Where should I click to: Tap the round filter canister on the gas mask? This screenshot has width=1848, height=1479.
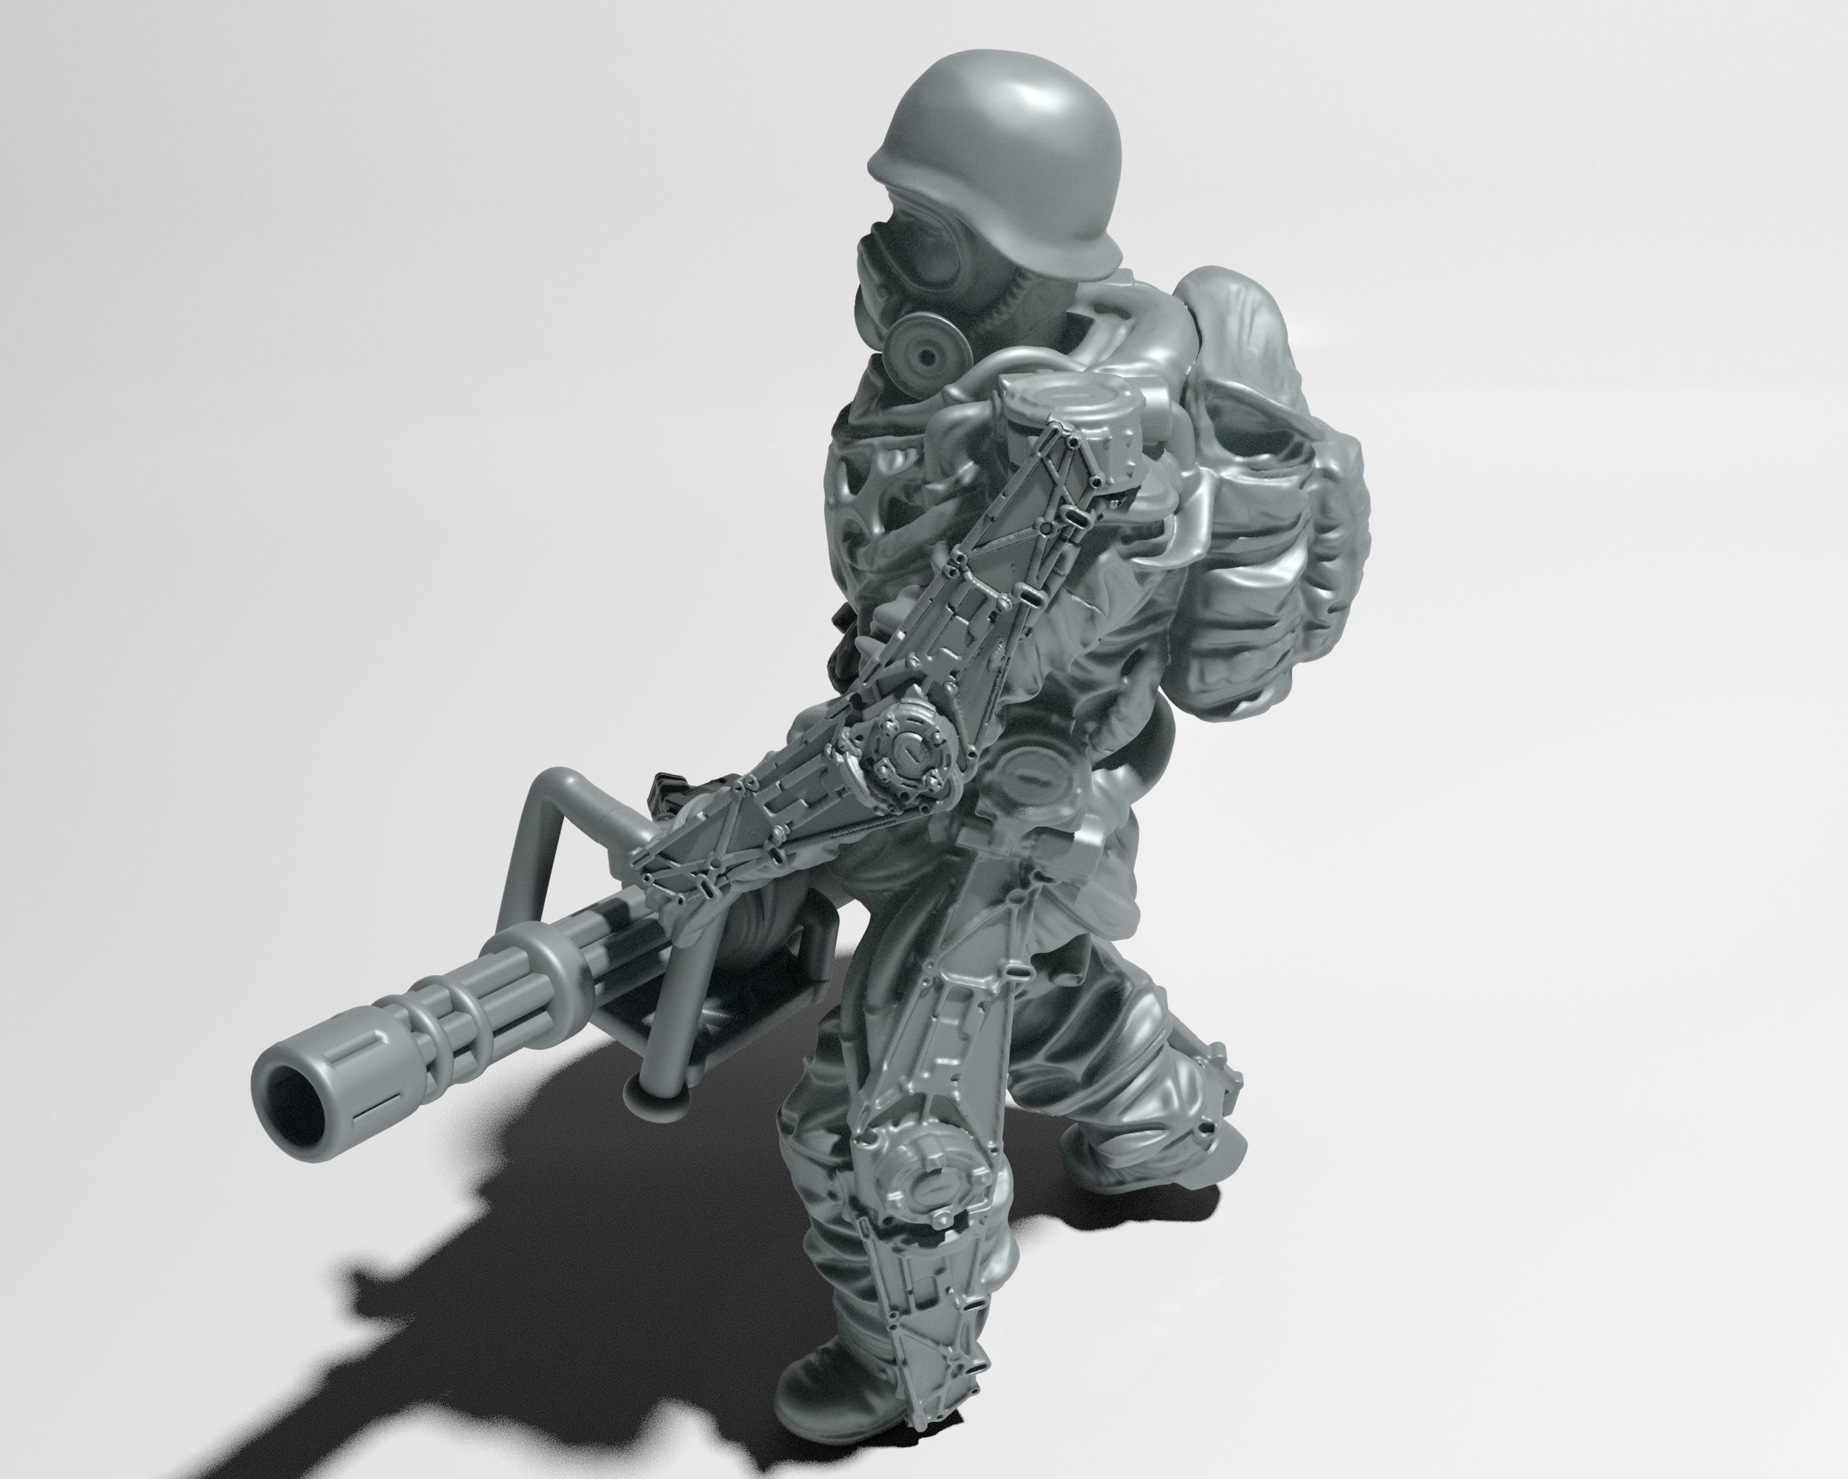[x=922, y=351]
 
